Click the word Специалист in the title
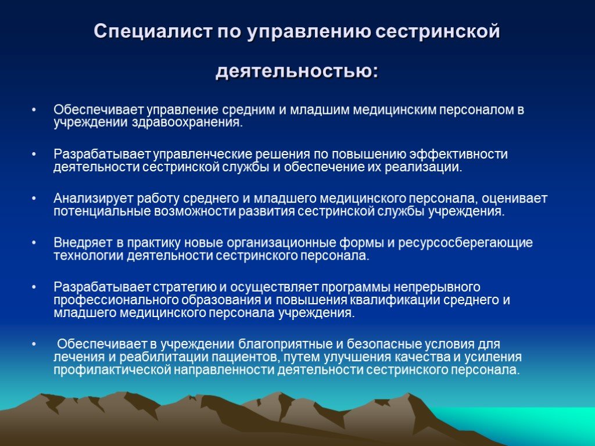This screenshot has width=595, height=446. (153, 32)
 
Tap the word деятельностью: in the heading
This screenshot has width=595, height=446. (297, 71)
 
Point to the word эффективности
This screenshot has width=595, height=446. (458, 154)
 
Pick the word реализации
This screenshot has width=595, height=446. (424, 167)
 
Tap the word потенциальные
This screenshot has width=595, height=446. (102, 211)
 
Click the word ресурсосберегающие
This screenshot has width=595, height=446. (465, 243)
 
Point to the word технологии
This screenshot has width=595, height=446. (88, 256)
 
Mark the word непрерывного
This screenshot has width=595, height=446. (436, 287)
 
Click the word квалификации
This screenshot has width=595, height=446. (395, 300)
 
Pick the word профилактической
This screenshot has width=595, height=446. (112, 370)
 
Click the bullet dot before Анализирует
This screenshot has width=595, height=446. (34, 199)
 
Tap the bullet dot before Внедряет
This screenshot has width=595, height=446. (34, 243)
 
